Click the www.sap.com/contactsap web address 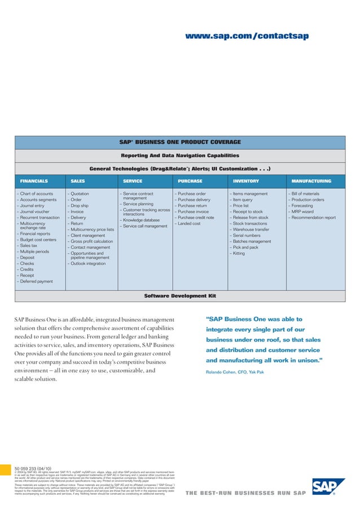pyautogui.click(x=248, y=37)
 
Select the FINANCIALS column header pyautogui.click(x=34, y=181)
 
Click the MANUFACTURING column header pyautogui.click(x=311, y=181)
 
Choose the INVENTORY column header pyautogui.click(x=245, y=181)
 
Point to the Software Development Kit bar pyautogui.click(x=180, y=295)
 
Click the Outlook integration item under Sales pyautogui.click(x=87, y=263)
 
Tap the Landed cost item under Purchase pyautogui.click(x=190, y=223)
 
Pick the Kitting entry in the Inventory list pyautogui.click(x=238, y=254)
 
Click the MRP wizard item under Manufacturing pyautogui.click(x=305, y=211)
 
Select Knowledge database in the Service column pyautogui.click(x=142, y=220)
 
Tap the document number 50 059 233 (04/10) pyautogui.click(x=33, y=469)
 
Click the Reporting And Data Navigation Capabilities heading pyautogui.click(x=180, y=155)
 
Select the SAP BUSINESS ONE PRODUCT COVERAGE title pyautogui.click(x=180, y=142)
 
